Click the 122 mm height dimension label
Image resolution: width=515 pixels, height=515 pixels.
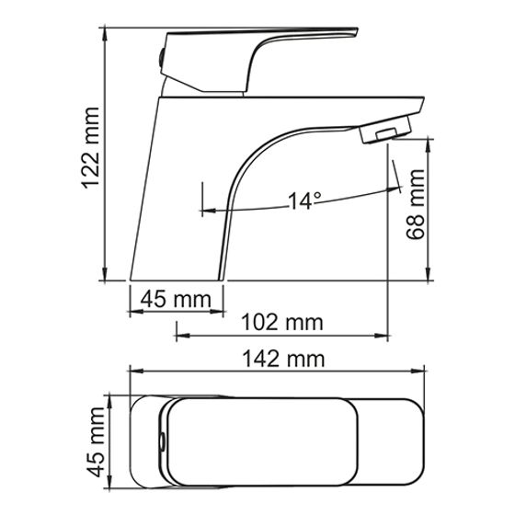click(x=90, y=148)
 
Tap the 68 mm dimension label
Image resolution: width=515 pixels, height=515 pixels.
click(x=415, y=204)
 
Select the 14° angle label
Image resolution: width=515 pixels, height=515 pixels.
click(x=304, y=200)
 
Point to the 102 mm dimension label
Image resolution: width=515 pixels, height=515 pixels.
click(x=282, y=322)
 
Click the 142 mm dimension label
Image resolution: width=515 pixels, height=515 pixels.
click(x=283, y=359)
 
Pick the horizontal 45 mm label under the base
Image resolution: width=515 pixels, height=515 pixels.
click(x=176, y=299)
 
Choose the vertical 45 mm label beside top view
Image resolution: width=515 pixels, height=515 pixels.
click(x=97, y=442)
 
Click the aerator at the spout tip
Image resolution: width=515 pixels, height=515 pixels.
click(x=385, y=130)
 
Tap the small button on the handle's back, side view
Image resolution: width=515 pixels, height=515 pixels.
click(x=161, y=58)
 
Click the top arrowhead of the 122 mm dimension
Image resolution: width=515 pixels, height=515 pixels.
click(x=105, y=33)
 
